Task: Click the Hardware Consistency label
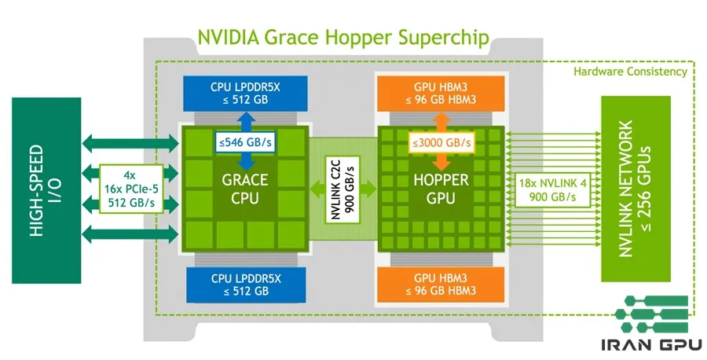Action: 630,72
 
